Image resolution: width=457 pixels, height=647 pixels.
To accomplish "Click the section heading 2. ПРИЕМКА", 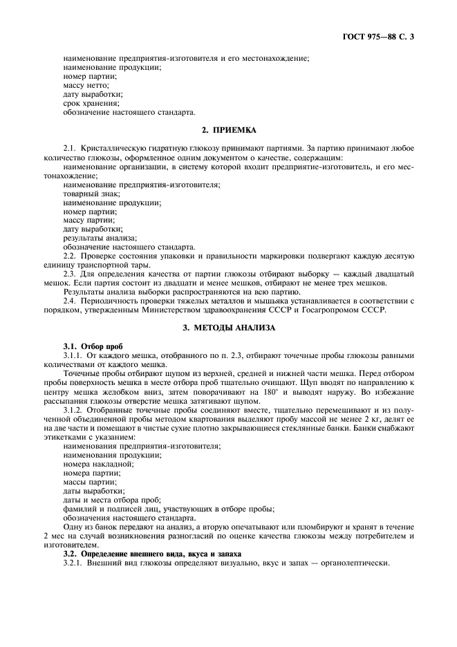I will tap(228, 129).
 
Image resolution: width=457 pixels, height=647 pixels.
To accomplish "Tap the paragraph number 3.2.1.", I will tap(73, 563).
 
